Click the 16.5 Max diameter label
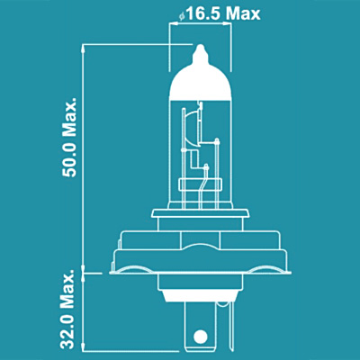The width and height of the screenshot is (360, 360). (x=220, y=14)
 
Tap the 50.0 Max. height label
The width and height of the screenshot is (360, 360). (x=69, y=137)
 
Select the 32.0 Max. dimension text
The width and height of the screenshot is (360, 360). (x=68, y=309)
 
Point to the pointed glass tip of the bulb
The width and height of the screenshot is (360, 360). (x=201, y=50)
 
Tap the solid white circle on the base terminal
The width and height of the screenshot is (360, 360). (x=200, y=336)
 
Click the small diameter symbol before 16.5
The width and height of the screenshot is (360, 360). (x=182, y=17)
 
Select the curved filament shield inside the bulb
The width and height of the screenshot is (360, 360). (x=193, y=129)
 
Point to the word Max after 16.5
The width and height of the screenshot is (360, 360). (x=243, y=14)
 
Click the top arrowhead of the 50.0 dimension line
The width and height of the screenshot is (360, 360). (x=84, y=48)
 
